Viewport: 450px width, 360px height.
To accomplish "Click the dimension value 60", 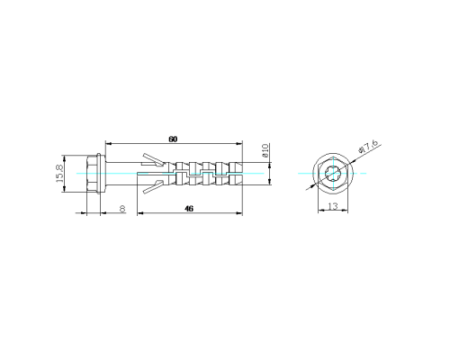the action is [x=173, y=139].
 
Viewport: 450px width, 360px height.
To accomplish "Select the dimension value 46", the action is [x=189, y=208].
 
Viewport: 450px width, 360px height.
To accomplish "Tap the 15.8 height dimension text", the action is [x=59, y=174].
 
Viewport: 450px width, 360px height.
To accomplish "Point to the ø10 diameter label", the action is [x=265, y=151].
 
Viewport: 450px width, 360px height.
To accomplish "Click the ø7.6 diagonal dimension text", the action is [x=368, y=146].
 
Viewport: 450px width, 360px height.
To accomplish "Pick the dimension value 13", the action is [x=333, y=206].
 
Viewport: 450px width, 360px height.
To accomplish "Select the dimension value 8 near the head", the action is [x=122, y=209].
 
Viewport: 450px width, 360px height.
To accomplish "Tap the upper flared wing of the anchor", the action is [x=154, y=159].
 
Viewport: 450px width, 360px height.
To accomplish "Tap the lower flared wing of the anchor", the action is [x=154, y=186].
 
